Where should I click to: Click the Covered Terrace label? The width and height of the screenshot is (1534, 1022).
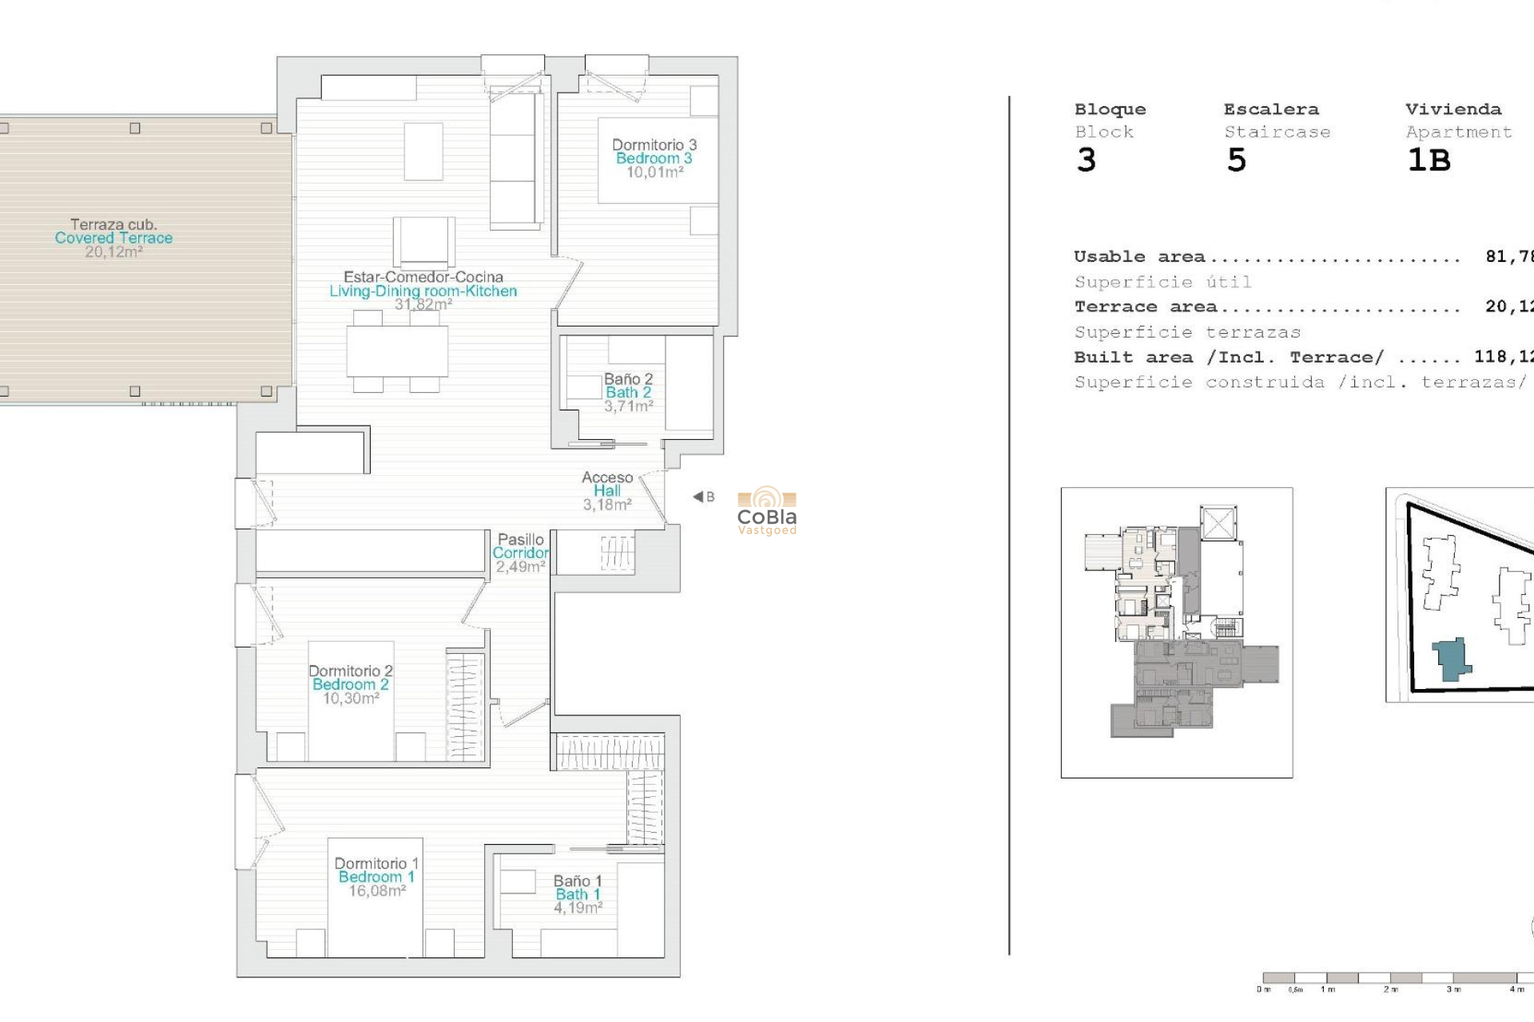point(113,238)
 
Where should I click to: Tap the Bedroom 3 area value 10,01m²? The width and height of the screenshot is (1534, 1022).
point(654,172)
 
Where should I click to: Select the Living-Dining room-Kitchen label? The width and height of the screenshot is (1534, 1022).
point(423,291)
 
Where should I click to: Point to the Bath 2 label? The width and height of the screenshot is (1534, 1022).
point(628,392)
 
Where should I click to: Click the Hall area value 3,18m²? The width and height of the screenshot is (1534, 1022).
point(606,505)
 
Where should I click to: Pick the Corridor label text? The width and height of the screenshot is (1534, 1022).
point(520,553)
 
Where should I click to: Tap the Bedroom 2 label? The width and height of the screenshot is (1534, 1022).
point(350,684)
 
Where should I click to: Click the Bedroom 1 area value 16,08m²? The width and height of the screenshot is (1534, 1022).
point(377,891)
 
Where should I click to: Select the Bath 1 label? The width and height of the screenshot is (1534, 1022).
point(577,894)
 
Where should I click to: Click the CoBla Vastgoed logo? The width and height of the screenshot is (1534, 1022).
point(766,511)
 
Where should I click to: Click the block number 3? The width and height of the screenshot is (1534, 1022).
point(1086,160)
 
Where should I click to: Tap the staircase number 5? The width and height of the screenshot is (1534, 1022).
point(1236,160)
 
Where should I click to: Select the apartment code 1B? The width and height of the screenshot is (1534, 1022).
point(1429,160)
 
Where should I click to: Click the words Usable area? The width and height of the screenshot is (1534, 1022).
point(1139,256)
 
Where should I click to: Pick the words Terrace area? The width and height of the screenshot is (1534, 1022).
point(1145,307)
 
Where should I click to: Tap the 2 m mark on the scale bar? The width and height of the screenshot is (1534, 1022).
point(1391,989)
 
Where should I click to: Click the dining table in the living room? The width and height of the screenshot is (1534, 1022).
point(397,351)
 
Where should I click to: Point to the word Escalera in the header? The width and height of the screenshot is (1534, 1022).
point(1270,109)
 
